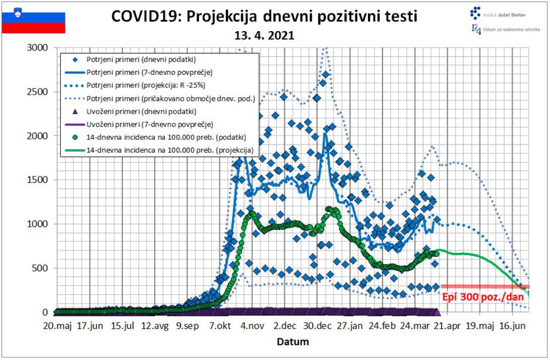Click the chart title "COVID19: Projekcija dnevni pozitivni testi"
click(x=264, y=16)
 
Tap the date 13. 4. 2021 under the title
click(x=264, y=35)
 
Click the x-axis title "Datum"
click(x=293, y=341)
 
